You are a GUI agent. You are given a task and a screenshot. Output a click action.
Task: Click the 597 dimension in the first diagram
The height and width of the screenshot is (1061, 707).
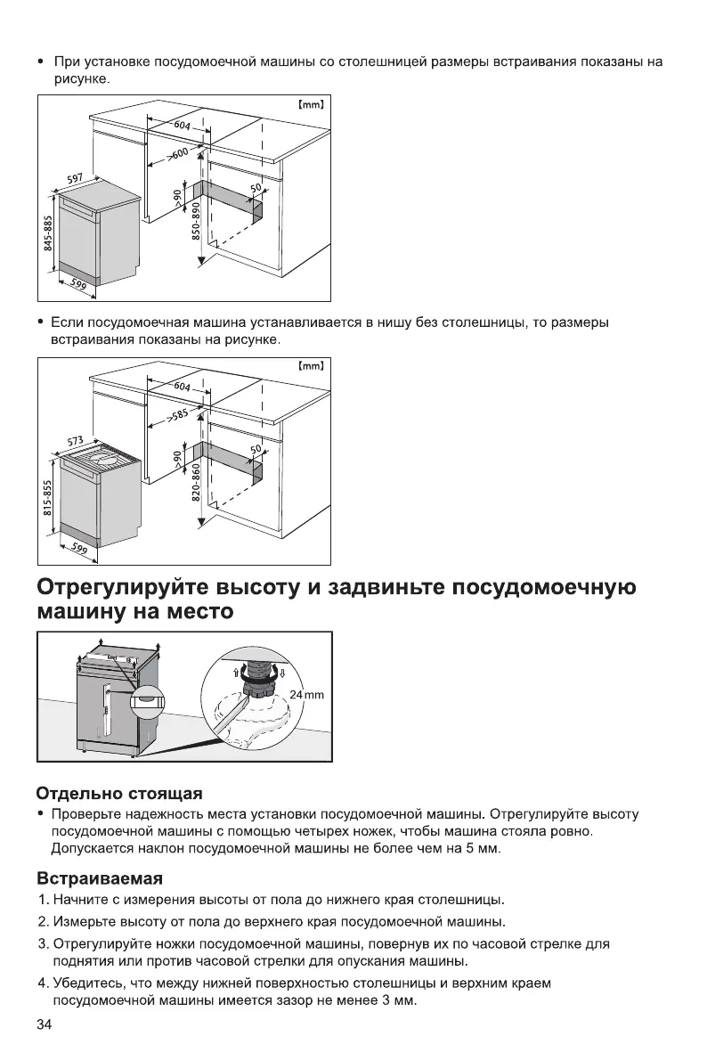pyautogui.click(x=75, y=182)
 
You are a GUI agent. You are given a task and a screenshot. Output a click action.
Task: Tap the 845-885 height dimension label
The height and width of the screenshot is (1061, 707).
pyautogui.click(x=49, y=233)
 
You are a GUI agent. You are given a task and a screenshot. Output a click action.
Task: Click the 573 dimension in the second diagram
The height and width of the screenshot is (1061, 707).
pyautogui.click(x=75, y=442)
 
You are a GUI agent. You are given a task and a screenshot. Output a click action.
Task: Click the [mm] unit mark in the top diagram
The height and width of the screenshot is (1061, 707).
pyautogui.click(x=310, y=104)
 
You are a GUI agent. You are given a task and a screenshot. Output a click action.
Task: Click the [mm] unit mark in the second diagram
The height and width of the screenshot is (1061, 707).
pyautogui.click(x=310, y=365)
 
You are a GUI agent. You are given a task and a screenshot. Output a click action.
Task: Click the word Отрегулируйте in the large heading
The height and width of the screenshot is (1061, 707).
pyautogui.click(x=133, y=589)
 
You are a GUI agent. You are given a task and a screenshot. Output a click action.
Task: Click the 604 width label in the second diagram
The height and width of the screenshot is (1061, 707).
pyautogui.click(x=182, y=388)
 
